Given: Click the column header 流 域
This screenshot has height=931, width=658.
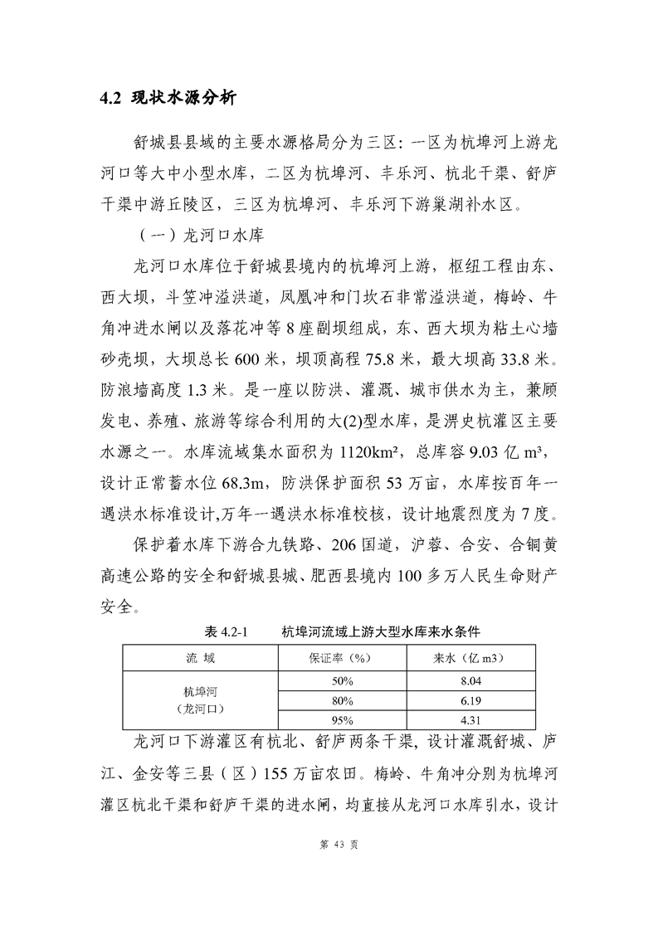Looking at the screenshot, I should point(200,658).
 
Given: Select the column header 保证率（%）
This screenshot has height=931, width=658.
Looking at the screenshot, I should point(341,658).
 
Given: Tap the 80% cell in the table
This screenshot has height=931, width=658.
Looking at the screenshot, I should point(341,700).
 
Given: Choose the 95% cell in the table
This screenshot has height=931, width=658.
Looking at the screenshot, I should point(341,720).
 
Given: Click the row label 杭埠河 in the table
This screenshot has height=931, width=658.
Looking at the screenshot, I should point(200,691).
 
